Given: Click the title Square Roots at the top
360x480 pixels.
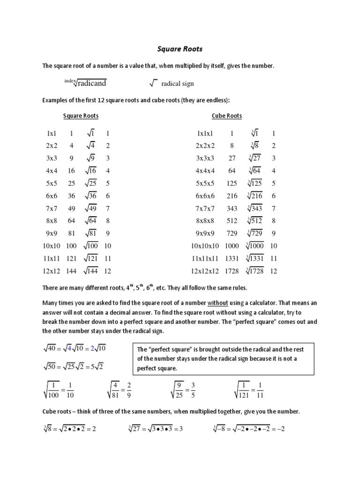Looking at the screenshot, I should pos(180,49).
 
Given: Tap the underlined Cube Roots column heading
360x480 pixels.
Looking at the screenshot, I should pos(227,116).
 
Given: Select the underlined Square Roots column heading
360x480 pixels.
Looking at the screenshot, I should pos(81,116).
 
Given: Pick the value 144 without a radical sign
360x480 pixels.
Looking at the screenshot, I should pos(71,271).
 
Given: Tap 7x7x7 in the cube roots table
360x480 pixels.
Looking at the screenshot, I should pos(207,208).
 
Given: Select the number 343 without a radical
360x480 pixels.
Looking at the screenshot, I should pos(232,208).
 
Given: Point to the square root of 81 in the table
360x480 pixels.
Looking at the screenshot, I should pos(90,233).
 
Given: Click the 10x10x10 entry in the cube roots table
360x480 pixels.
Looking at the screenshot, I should pos(205,246).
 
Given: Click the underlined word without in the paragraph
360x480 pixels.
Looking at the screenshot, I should pos(217,303).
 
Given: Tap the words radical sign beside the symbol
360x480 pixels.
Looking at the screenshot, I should pos(177,84).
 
